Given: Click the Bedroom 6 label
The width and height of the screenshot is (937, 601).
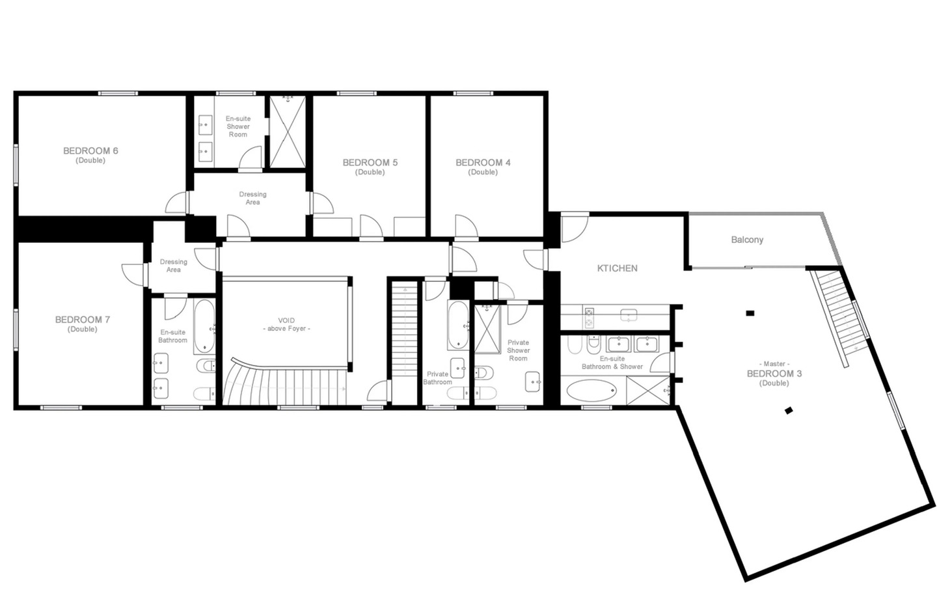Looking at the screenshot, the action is click(90, 155).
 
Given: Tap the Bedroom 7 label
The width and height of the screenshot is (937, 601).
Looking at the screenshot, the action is click(83, 324).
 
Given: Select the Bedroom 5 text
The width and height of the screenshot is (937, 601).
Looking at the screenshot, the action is click(370, 167).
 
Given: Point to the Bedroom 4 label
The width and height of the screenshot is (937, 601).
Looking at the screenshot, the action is click(483, 167).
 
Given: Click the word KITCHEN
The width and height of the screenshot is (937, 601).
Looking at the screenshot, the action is click(617, 268).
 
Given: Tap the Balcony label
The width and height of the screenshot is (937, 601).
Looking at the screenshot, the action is click(747, 240).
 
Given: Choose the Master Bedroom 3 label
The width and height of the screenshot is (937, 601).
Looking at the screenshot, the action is click(774, 373).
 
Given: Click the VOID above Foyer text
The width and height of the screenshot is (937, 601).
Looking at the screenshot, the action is click(286, 325).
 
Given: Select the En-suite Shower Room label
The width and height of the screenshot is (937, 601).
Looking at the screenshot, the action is click(238, 126).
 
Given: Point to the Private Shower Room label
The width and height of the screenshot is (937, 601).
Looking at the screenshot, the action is click(518, 350).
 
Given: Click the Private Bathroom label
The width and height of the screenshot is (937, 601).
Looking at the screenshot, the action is click(437, 378).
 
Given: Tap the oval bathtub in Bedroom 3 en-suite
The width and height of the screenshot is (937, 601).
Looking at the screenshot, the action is click(591, 391).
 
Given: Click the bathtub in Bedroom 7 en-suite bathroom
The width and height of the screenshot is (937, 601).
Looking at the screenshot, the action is click(204, 326).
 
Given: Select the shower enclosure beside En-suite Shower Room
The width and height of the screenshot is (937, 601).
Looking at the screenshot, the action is click(288, 132).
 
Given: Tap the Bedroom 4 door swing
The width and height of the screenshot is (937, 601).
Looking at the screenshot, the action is click(467, 226).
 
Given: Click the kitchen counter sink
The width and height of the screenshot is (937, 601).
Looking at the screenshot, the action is click(629, 315).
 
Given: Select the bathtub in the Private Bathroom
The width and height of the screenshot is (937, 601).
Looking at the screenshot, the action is click(458, 325).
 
